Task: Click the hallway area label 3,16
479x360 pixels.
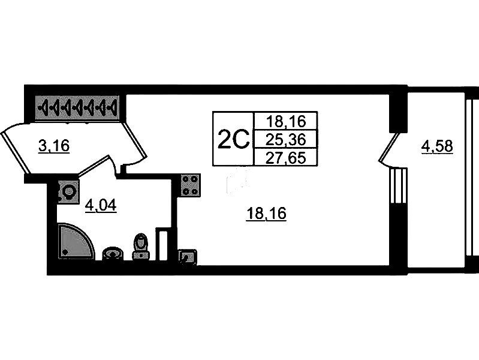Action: click(x=53, y=146)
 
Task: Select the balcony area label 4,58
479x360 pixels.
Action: click(x=437, y=146)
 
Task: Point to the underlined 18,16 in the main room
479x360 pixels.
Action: click(x=266, y=213)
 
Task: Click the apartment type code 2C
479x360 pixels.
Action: click(x=233, y=140)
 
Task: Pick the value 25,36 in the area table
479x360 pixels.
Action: click(x=286, y=139)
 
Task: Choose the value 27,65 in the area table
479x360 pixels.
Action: click(x=286, y=157)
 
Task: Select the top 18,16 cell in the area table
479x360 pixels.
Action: click(x=286, y=121)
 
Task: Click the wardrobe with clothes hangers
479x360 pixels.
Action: click(x=77, y=108)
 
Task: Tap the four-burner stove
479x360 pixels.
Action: click(x=190, y=185)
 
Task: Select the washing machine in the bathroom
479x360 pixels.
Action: click(x=67, y=192)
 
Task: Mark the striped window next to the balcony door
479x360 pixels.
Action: click(x=397, y=186)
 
